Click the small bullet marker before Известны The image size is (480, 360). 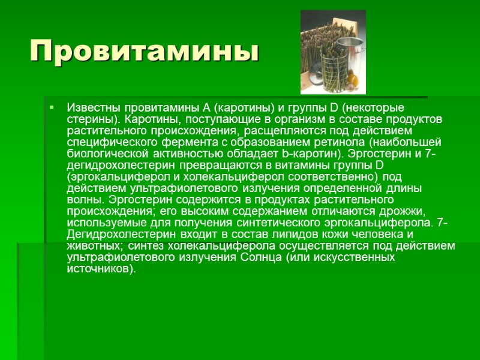52,108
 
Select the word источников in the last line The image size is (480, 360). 99,268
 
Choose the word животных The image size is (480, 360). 91,246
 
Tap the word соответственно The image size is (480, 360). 332,176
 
